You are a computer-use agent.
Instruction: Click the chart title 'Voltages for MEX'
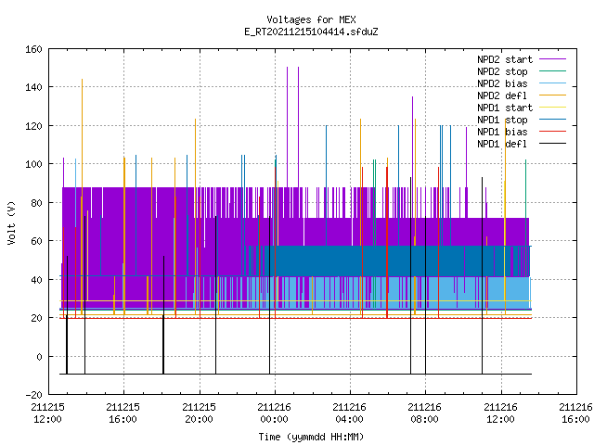point(311,19)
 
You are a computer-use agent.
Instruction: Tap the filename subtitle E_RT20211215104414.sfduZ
point(311,32)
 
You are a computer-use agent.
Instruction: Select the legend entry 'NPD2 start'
point(505,59)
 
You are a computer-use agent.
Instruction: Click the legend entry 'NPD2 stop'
point(502,71)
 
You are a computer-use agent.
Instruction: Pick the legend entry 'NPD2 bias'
point(502,83)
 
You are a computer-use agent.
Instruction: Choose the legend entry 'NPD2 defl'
point(502,95)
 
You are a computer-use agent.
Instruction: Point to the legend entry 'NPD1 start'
point(505,108)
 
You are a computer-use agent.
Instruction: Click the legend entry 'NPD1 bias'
point(502,132)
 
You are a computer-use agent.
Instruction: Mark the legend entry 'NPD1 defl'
point(502,144)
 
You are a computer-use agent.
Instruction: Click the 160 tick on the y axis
point(33,49)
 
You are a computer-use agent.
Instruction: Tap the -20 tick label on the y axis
point(33,395)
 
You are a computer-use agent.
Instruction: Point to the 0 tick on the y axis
point(39,356)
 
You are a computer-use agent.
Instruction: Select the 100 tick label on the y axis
point(33,164)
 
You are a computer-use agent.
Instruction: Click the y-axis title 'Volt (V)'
point(11,222)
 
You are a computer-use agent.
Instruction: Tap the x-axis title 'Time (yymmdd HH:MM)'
point(311,437)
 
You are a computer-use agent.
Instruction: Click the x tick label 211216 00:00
point(275,413)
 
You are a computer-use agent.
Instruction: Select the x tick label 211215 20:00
point(199,413)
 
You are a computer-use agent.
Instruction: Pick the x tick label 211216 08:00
point(425,413)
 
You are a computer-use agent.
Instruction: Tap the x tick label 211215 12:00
point(47,413)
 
